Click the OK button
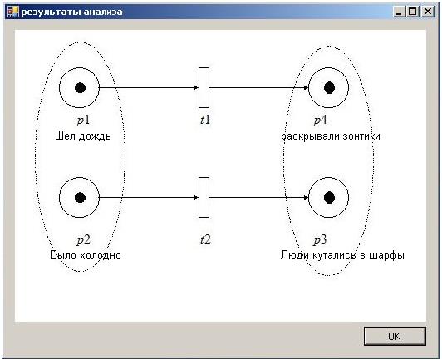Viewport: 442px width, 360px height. click(x=395, y=336)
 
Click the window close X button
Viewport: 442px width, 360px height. click(x=428, y=12)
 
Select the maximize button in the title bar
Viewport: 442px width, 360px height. click(x=413, y=12)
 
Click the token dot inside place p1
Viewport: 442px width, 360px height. click(x=80, y=88)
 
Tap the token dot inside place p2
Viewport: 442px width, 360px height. click(x=80, y=198)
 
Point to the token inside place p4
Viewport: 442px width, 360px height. click(x=329, y=88)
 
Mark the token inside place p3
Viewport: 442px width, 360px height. click(x=329, y=198)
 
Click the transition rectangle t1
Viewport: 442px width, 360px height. click(x=204, y=88)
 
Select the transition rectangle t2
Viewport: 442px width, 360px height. click(x=204, y=198)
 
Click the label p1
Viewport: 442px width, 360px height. click(x=83, y=121)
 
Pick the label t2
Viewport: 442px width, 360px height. click(x=205, y=239)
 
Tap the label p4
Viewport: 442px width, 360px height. click(x=320, y=121)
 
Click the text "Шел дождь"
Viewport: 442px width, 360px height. click(x=83, y=136)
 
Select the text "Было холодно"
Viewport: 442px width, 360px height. click(x=86, y=254)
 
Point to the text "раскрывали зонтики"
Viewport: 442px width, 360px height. click(x=331, y=136)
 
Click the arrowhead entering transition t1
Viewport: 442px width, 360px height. click(x=196, y=88)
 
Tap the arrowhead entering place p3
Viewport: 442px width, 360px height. click(x=306, y=198)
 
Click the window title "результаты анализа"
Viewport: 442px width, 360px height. click(x=71, y=12)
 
